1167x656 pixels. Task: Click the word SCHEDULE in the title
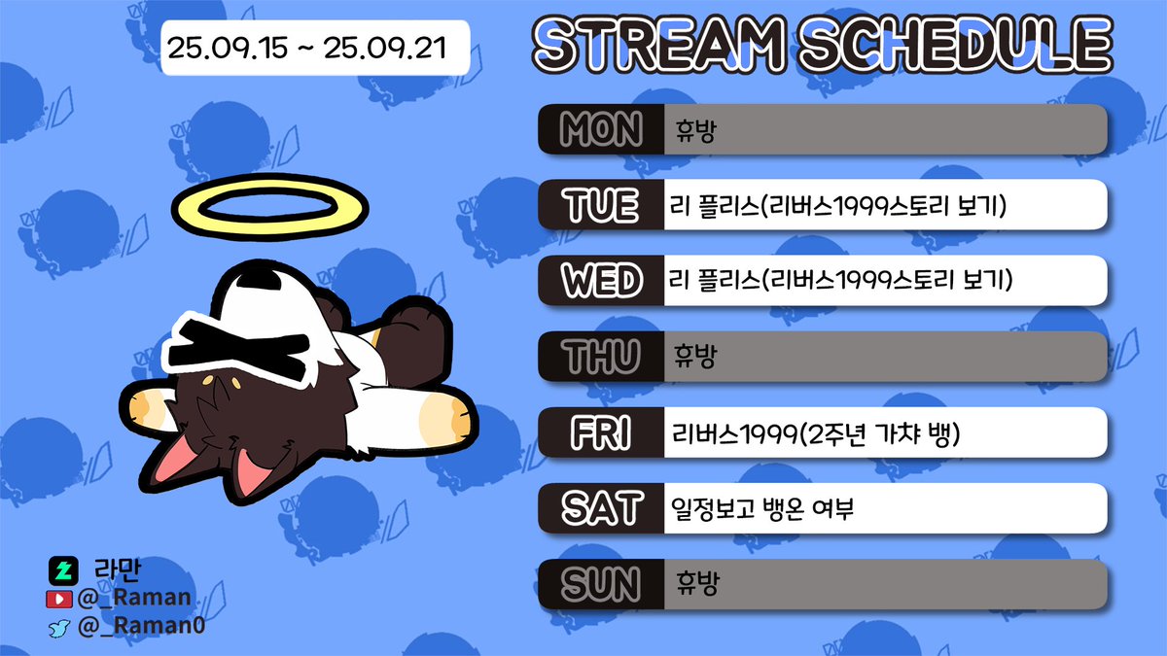point(958,45)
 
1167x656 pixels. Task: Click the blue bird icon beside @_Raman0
point(60,627)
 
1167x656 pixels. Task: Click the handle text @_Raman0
point(141,627)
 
